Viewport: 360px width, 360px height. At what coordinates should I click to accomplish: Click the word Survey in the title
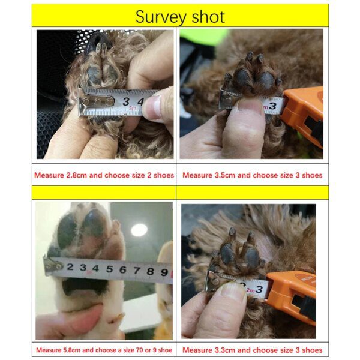tap(160, 17)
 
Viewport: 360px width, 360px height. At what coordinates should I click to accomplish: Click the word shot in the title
tap(208, 17)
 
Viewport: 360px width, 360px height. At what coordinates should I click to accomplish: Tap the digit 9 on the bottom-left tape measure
tap(164, 272)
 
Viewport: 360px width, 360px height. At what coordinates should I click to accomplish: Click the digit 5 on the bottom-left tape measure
tap(110, 269)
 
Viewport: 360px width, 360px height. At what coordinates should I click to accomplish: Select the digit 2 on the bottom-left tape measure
tap(70, 267)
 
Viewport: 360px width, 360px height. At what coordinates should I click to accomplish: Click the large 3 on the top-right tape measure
tap(272, 106)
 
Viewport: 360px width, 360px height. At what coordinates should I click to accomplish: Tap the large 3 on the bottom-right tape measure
tap(259, 289)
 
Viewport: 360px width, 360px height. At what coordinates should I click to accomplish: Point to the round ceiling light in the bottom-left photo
tap(139, 230)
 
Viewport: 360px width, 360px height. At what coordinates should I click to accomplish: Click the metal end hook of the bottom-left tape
tap(53, 266)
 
